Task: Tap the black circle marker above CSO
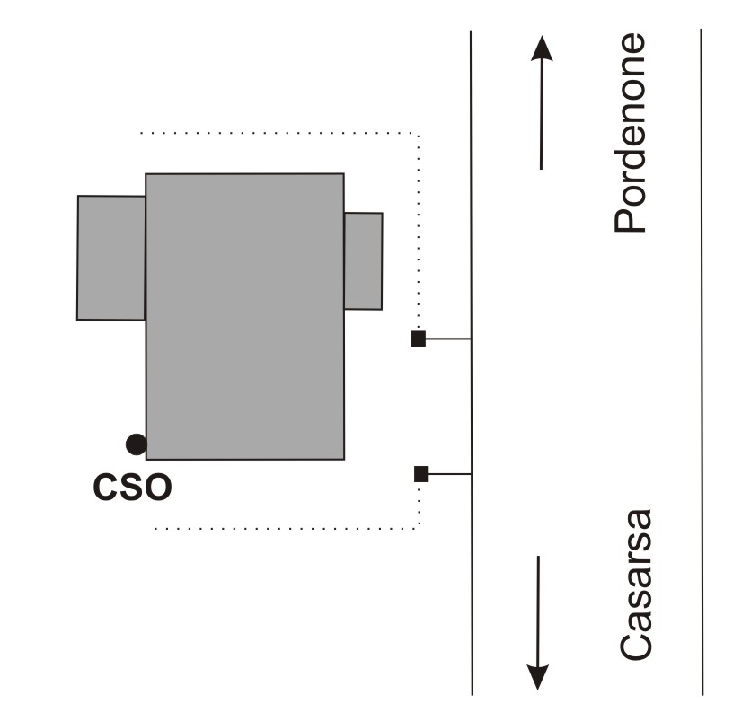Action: pos(136,443)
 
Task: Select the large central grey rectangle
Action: pos(244,316)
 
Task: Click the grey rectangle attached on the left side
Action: pos(111,258)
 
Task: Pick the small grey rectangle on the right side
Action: pos(363,260)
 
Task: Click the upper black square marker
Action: pos(418,339)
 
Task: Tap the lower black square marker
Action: pos(420,474)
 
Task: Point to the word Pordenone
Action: pos(632,133)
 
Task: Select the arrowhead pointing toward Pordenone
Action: pos(541,48)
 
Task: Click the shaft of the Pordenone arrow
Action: pos(541,117)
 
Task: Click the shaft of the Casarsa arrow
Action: pos(537,611)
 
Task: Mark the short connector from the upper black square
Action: pos(448,339)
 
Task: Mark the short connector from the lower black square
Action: pos(449,474)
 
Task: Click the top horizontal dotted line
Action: pos(278,133)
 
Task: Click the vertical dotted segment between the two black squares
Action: pos(420,406)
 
